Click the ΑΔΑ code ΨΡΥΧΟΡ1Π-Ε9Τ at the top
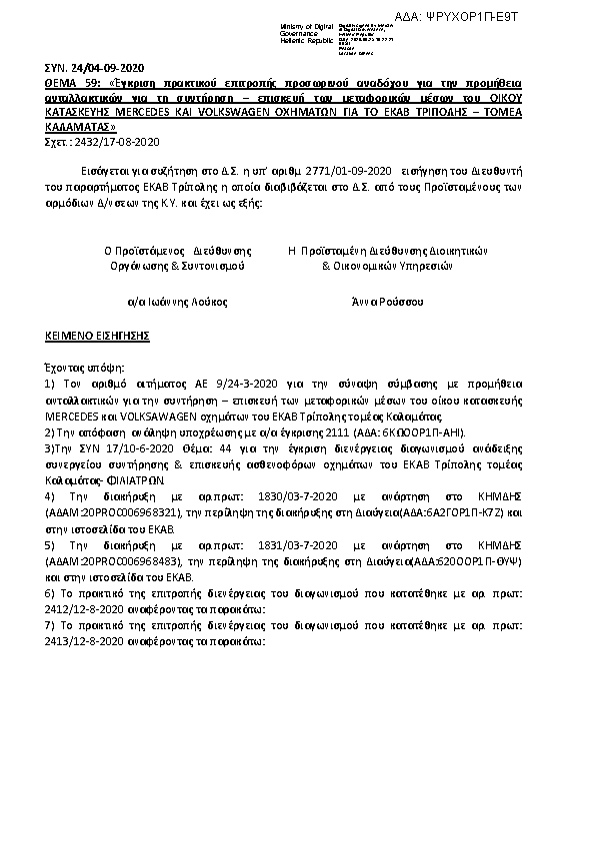tap(529, 17)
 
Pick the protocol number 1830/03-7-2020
tap(260, 494)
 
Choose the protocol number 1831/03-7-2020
tap(260, 545)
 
